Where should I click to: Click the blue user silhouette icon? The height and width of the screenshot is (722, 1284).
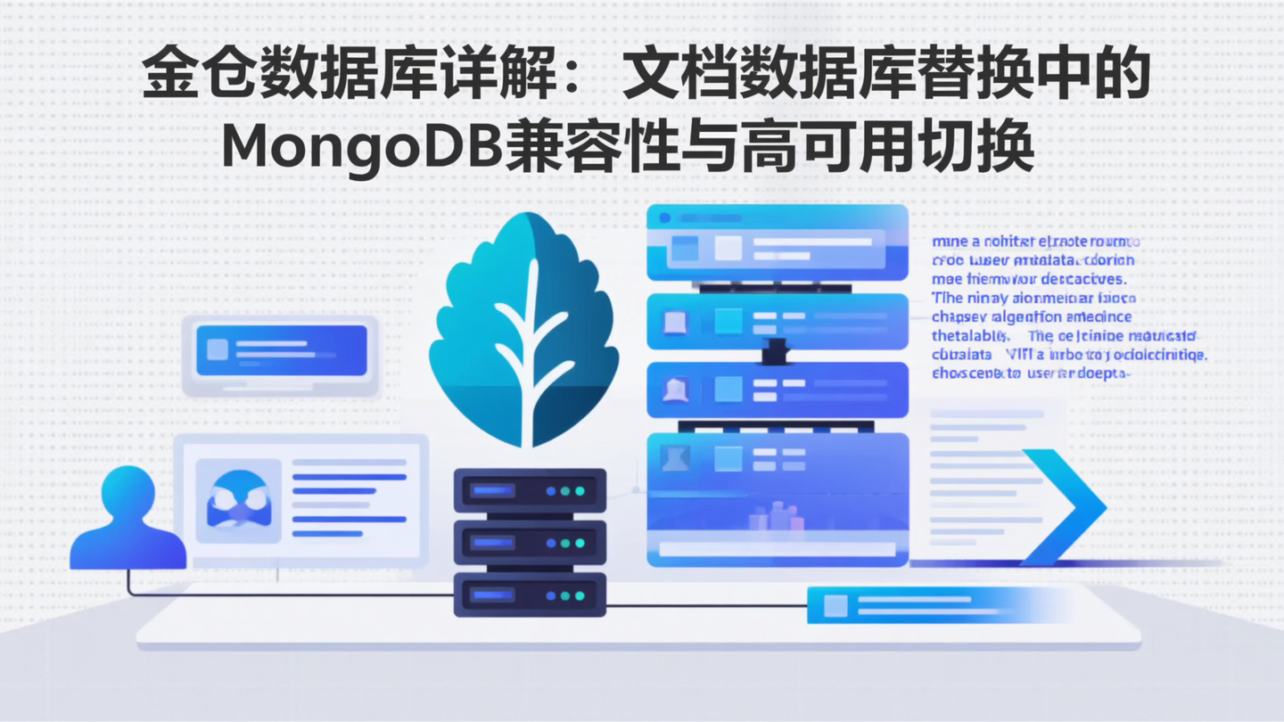click(128, 521)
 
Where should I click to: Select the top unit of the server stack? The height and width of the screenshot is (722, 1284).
click(530, 491)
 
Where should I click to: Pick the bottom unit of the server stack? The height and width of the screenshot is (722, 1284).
click(530, 595)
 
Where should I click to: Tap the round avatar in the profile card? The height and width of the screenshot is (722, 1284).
click(238, 500)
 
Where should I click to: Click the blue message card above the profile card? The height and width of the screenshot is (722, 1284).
click(281, 349)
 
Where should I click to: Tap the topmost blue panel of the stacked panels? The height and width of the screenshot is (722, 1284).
click(777, 243)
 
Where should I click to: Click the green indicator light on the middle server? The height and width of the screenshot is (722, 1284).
click(580, 543)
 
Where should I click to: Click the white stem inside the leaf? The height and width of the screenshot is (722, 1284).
click(529, 357)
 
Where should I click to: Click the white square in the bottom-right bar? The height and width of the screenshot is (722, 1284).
click(835, 605)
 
